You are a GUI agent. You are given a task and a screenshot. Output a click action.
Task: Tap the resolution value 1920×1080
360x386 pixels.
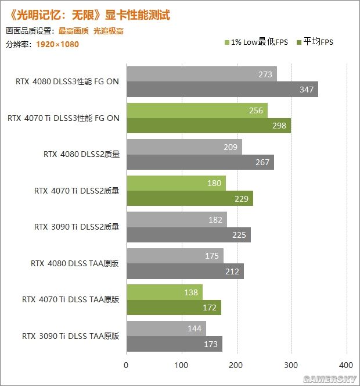click(x=57, y=44)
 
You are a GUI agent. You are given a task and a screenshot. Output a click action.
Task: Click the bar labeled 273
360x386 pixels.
click(x=201, y=74)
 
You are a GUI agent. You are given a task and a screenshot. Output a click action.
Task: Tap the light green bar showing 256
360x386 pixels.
click(x=196, y=110)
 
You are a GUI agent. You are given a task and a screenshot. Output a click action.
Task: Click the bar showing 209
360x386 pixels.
click(x=183, y=147)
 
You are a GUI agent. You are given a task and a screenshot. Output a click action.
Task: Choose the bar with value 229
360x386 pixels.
click(x=189, y=199)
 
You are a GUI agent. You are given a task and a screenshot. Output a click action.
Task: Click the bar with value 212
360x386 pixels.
click(x=185, y=271)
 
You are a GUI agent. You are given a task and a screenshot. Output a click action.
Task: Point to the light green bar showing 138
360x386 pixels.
click(x=164, y=292)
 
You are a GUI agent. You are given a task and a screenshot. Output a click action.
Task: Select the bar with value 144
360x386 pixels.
click(x=165, y=329)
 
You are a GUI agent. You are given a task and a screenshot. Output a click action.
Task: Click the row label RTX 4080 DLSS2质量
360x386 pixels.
click(x=81, y=155)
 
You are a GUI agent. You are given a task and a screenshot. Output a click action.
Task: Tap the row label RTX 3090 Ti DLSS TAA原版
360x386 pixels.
click(x=70, y=336)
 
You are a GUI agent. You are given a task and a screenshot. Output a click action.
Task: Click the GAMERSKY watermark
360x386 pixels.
click(x=336, y=378)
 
